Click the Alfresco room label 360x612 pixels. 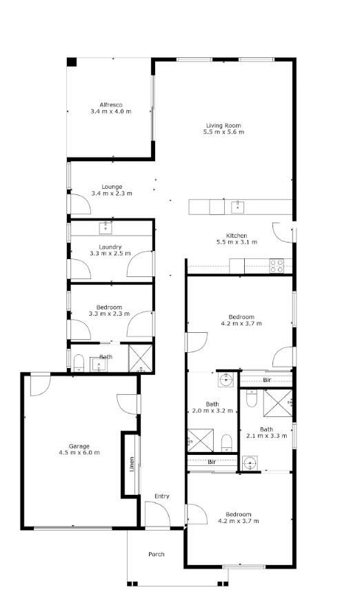(110, 104)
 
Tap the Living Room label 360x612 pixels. (223, 125)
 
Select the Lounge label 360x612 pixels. (111, 186)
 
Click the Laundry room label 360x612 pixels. (110, 247)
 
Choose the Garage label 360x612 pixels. (79, 446)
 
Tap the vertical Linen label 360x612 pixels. (131, 465)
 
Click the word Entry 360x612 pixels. (162, 496)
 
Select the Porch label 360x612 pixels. (157, 554)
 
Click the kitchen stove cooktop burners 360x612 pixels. (277, 265)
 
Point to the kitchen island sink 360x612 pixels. (237, 206)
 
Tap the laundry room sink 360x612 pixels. (106, 227)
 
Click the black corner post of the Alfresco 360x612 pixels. (72, 62)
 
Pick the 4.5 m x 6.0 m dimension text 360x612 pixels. (79, 453)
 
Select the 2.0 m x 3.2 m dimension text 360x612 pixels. (212, 411)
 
